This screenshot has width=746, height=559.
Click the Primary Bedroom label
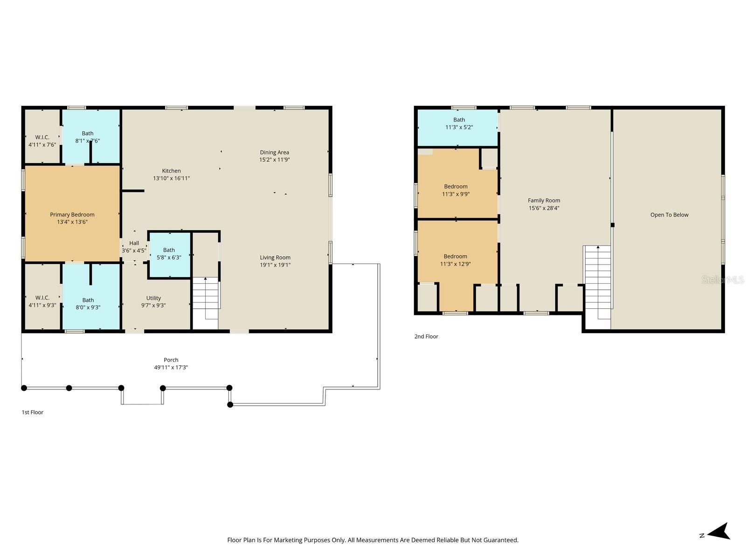pos(72,215)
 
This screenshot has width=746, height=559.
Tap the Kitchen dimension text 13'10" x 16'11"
pos(171,178)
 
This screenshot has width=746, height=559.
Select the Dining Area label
pos(274,152)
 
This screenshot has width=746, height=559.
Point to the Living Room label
pos(275,258)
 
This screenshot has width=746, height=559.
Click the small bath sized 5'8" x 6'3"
pos(169,253)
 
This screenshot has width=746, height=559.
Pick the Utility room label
pos(153,298)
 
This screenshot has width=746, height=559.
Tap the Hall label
pos(134,243)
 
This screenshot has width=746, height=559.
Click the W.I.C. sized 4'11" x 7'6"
pos(42,141)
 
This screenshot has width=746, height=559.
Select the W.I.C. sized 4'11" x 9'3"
pos(42,301)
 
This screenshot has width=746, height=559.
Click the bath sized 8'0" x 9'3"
pos(88,304)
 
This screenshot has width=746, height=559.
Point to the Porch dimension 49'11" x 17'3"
pos(171,368)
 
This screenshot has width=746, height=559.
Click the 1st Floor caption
pos(32,412)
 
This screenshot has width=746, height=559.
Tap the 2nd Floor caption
pos(426,336)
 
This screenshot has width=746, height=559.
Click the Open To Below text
pos(669,215)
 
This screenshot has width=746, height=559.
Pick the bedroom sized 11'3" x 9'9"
pos(456,190)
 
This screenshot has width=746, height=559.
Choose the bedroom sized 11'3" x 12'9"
pos(455,260)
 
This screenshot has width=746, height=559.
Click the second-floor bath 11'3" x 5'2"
pos(459,123)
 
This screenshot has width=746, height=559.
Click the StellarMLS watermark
pos(723,280)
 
